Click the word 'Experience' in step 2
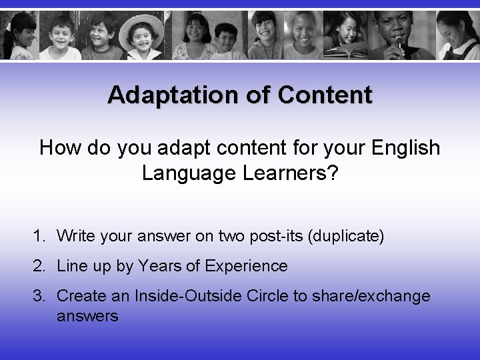point(247,266)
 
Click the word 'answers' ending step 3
point(87,316)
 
